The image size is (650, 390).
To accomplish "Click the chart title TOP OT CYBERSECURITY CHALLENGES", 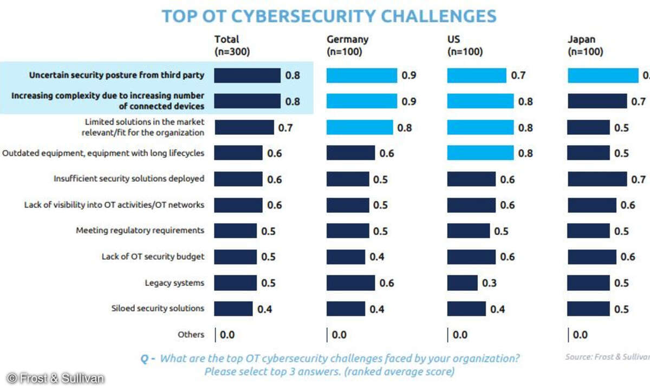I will [329, 16].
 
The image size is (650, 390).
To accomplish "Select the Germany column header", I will [347, 45].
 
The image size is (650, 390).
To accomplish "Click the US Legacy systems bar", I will [463, 283].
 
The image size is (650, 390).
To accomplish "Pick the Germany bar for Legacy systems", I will [350, 283].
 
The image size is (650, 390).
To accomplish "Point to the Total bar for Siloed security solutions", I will [233, 309].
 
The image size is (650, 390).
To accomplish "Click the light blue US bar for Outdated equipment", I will [480, 153].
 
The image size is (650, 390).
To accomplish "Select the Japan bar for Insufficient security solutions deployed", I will [597, 179].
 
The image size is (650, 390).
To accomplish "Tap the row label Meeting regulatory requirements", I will [140, 231].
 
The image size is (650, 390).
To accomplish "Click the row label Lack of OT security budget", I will [153, 257].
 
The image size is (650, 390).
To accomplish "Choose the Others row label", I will [191, 335].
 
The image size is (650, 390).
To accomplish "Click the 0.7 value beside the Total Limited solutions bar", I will [285, 128].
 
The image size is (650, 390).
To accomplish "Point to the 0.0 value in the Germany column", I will [339, 335].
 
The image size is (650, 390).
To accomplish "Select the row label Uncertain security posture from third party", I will [116, 75].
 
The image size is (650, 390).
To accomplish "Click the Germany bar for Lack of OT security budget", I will [345, 257].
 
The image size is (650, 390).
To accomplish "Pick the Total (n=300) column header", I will [232, 45].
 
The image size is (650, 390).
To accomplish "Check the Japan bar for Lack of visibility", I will [591, 205].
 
